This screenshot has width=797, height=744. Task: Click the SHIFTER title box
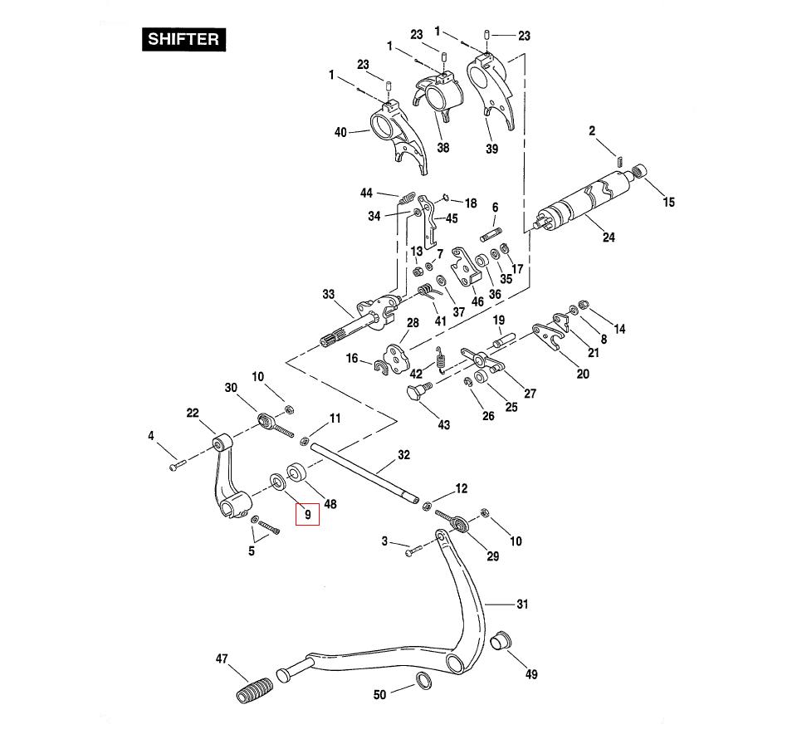(183, 39)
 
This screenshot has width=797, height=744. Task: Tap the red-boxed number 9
(307, 515)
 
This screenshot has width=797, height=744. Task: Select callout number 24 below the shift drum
(609, 237)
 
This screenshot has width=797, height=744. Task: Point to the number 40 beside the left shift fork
(340, 132)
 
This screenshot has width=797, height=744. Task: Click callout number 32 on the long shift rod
(403, 455)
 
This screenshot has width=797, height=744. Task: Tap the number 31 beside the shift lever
(521, 604)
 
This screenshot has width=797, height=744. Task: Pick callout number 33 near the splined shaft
(329, 295)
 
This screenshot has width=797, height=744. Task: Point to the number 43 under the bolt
(444, 425)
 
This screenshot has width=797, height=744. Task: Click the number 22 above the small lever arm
(193, 413)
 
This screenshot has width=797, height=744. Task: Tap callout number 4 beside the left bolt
(151, 435)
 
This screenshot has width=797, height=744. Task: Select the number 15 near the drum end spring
(668, 202)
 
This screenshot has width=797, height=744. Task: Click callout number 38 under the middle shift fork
(443, 148)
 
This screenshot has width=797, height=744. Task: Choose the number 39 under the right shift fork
(492, 149)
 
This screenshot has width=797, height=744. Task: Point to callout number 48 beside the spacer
(330, 504)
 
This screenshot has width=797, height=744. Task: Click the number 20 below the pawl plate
(583, 374)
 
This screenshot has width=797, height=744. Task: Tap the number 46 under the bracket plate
(477, 301)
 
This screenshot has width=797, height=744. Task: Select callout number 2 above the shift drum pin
(592, 131)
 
